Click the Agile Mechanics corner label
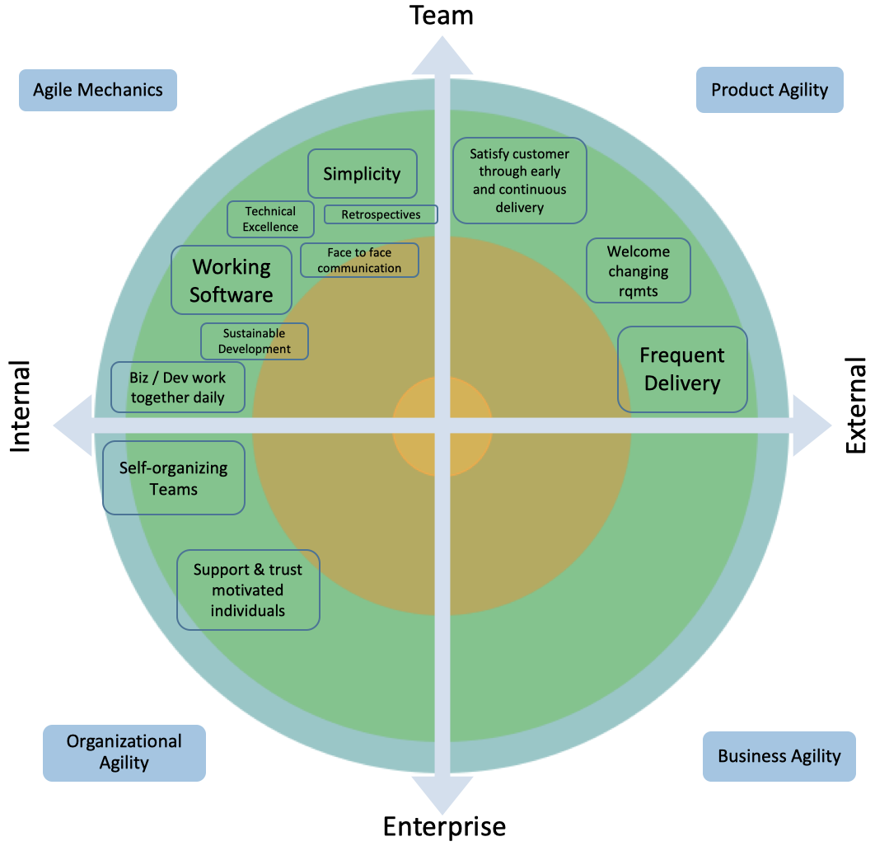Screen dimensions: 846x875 click(98, 90)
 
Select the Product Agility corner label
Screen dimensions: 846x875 click(770, 89)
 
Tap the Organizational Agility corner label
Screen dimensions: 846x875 click(124, 752)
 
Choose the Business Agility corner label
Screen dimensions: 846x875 click(779, 756)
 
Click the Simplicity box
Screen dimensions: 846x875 click(362, 174)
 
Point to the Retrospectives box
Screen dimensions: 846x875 click(381, 214)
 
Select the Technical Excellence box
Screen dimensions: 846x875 click(270, 219)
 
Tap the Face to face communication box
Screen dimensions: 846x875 click(359, 261)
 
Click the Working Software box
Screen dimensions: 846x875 click(232, 280)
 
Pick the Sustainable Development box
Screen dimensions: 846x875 click(255, 341)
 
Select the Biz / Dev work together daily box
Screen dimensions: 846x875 click(178, 388)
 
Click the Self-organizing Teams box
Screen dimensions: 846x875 click(173, 478)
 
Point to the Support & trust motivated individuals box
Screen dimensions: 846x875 click(248, 590)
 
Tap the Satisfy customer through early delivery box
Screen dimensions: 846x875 click(519, 181)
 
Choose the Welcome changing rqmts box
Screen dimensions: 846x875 click(638, 271)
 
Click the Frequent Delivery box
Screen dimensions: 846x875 click(682, 369)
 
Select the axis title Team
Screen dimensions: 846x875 click(442, 15)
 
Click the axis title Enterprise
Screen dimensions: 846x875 click(444, 826)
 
